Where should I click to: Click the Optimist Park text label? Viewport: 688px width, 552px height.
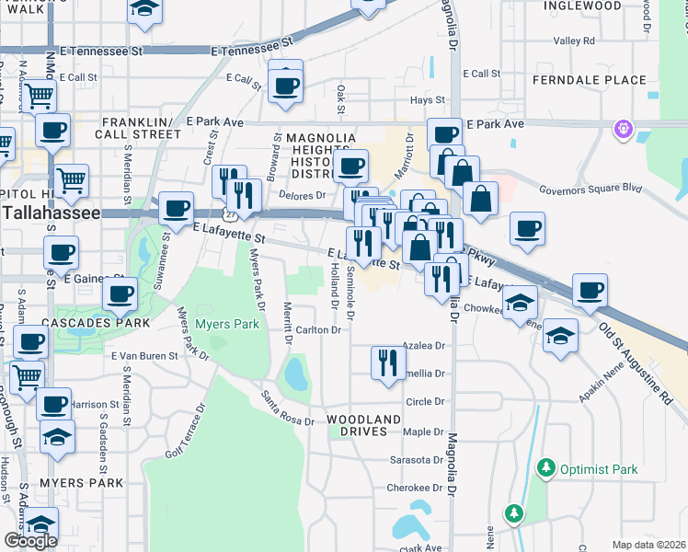[600, 469]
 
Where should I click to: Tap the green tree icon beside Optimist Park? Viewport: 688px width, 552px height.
[546, 468]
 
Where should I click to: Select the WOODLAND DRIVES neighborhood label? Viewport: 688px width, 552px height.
[364, 425]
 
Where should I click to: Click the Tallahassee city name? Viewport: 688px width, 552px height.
[50, 213]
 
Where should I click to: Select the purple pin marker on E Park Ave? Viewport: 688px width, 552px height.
[625, 127]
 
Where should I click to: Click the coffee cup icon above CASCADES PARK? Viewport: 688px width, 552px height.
[120, 295]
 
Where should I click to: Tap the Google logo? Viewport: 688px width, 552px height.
[30, 541]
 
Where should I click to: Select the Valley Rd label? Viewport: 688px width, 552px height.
[575, 40]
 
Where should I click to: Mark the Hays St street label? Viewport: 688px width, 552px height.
[428, 99]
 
